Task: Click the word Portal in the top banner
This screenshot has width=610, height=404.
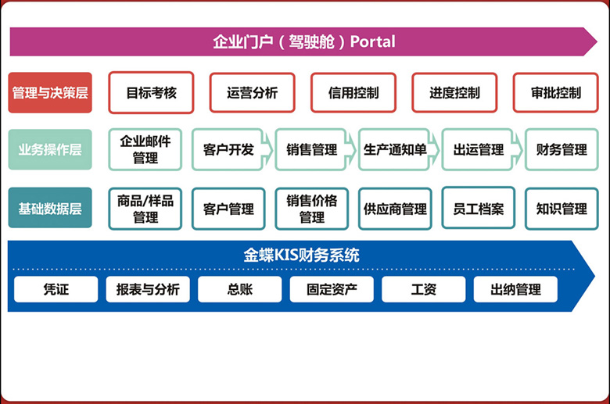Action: (372, 41)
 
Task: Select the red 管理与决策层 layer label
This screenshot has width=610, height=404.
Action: (50, 92)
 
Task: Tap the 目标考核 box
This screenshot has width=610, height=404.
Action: (152, 92)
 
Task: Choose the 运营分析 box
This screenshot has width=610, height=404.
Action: (253, 92)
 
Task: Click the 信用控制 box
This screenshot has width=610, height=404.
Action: (353, 92)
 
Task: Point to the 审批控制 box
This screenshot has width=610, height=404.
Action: (556, 92)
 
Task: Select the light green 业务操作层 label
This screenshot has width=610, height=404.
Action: (50, 149)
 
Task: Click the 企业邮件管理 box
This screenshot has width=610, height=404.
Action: (145, 149)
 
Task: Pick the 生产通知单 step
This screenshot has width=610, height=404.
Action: (395, 149)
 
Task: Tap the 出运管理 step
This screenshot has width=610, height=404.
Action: (479, 149)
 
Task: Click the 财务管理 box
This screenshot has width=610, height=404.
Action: (562, 149)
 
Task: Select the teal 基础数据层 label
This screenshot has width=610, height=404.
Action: (50, 208)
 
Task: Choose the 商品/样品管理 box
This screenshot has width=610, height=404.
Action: (145, 208)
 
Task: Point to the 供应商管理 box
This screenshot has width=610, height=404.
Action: (395, 209)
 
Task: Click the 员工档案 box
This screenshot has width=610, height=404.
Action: (479, 209)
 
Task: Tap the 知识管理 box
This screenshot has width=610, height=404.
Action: (562, 209)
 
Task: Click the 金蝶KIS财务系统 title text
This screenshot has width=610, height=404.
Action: (301, 255)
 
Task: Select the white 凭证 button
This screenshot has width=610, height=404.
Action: (56, 289)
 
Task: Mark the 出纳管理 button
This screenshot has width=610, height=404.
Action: (515, 289)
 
